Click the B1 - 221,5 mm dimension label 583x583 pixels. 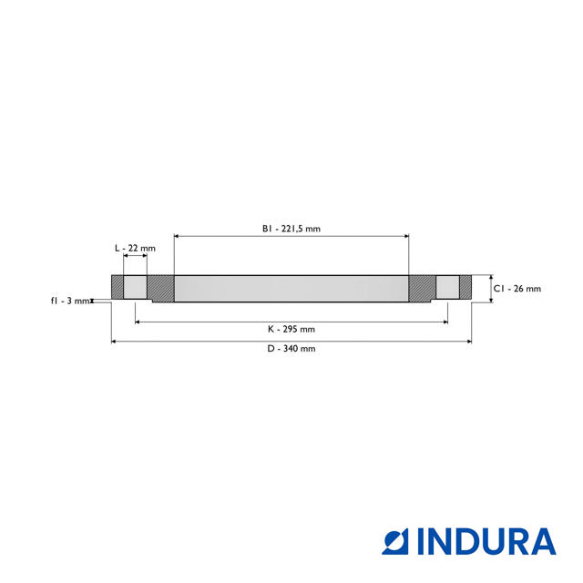[291, 229]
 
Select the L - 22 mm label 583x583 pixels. [135, 248]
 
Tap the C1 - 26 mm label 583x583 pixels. [517, 289]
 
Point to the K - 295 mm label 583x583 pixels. [291, 329]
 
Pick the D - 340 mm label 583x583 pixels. [291, 349]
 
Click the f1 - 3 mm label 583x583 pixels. [69, 301]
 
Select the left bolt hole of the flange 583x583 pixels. [135, 288]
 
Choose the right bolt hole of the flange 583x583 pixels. [447, 288]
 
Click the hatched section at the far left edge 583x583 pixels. [118, 288]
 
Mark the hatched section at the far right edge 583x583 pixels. [465, 288]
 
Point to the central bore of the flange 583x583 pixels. [291, 290]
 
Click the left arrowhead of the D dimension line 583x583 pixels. [115, 342]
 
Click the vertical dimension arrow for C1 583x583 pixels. [491, 289]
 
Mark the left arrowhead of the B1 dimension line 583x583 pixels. [177, 236]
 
